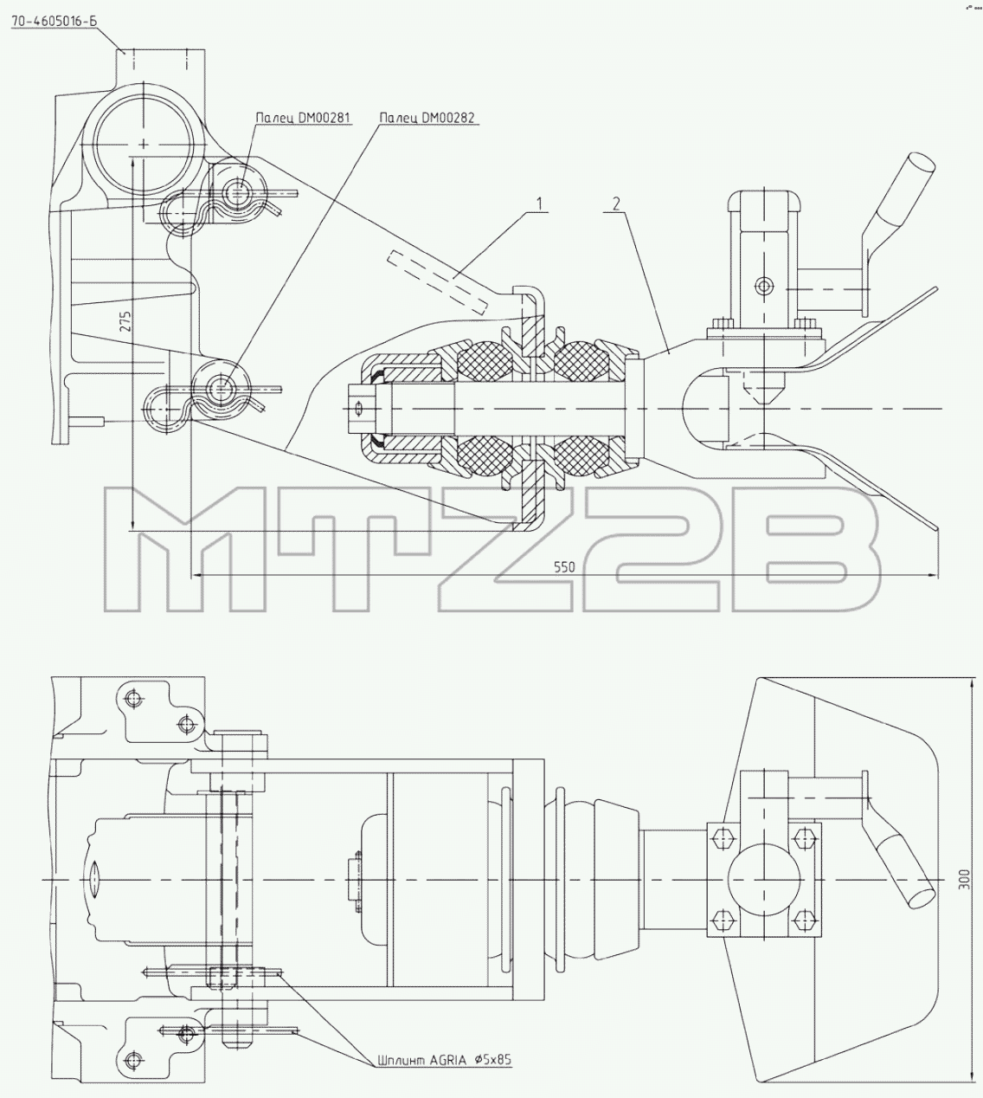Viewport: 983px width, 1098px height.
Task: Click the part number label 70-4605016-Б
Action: pyautogui.click(x=55, y=22)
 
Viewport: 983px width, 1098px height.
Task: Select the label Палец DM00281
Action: pyautogui.click(x=304, y=118)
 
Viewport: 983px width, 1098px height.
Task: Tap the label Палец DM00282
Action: pyautogui.click(x=427, y=118)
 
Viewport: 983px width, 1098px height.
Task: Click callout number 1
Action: pyautogui.click(x=539, y=203)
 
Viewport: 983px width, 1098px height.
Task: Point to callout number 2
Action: pyautogui.click(x=616, y=203)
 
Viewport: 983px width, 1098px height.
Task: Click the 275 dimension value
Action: pyautogui.click(x=125, y=321)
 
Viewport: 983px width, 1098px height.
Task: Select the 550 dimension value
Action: pyautogui.click(x=564, y=567)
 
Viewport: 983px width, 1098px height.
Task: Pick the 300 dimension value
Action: pyautogui.click(x=963, y=880)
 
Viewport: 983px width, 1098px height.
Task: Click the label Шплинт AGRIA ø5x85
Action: pyautogui.click(x=444, y=1060)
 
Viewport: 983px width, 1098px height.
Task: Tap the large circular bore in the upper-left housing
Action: pyautogui.click(x=144, y=145)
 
